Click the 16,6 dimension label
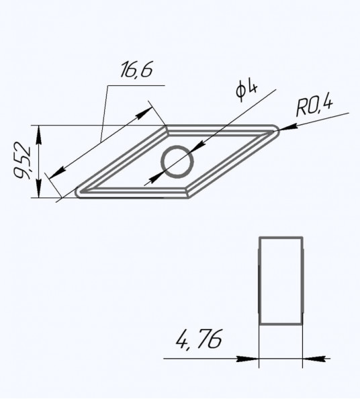point(136,69)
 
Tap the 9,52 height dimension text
point(22,161)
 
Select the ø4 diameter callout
point(246,91)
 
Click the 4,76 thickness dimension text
point(199,339)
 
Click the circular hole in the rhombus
point(177,147)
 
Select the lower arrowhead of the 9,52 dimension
point(39,188)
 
